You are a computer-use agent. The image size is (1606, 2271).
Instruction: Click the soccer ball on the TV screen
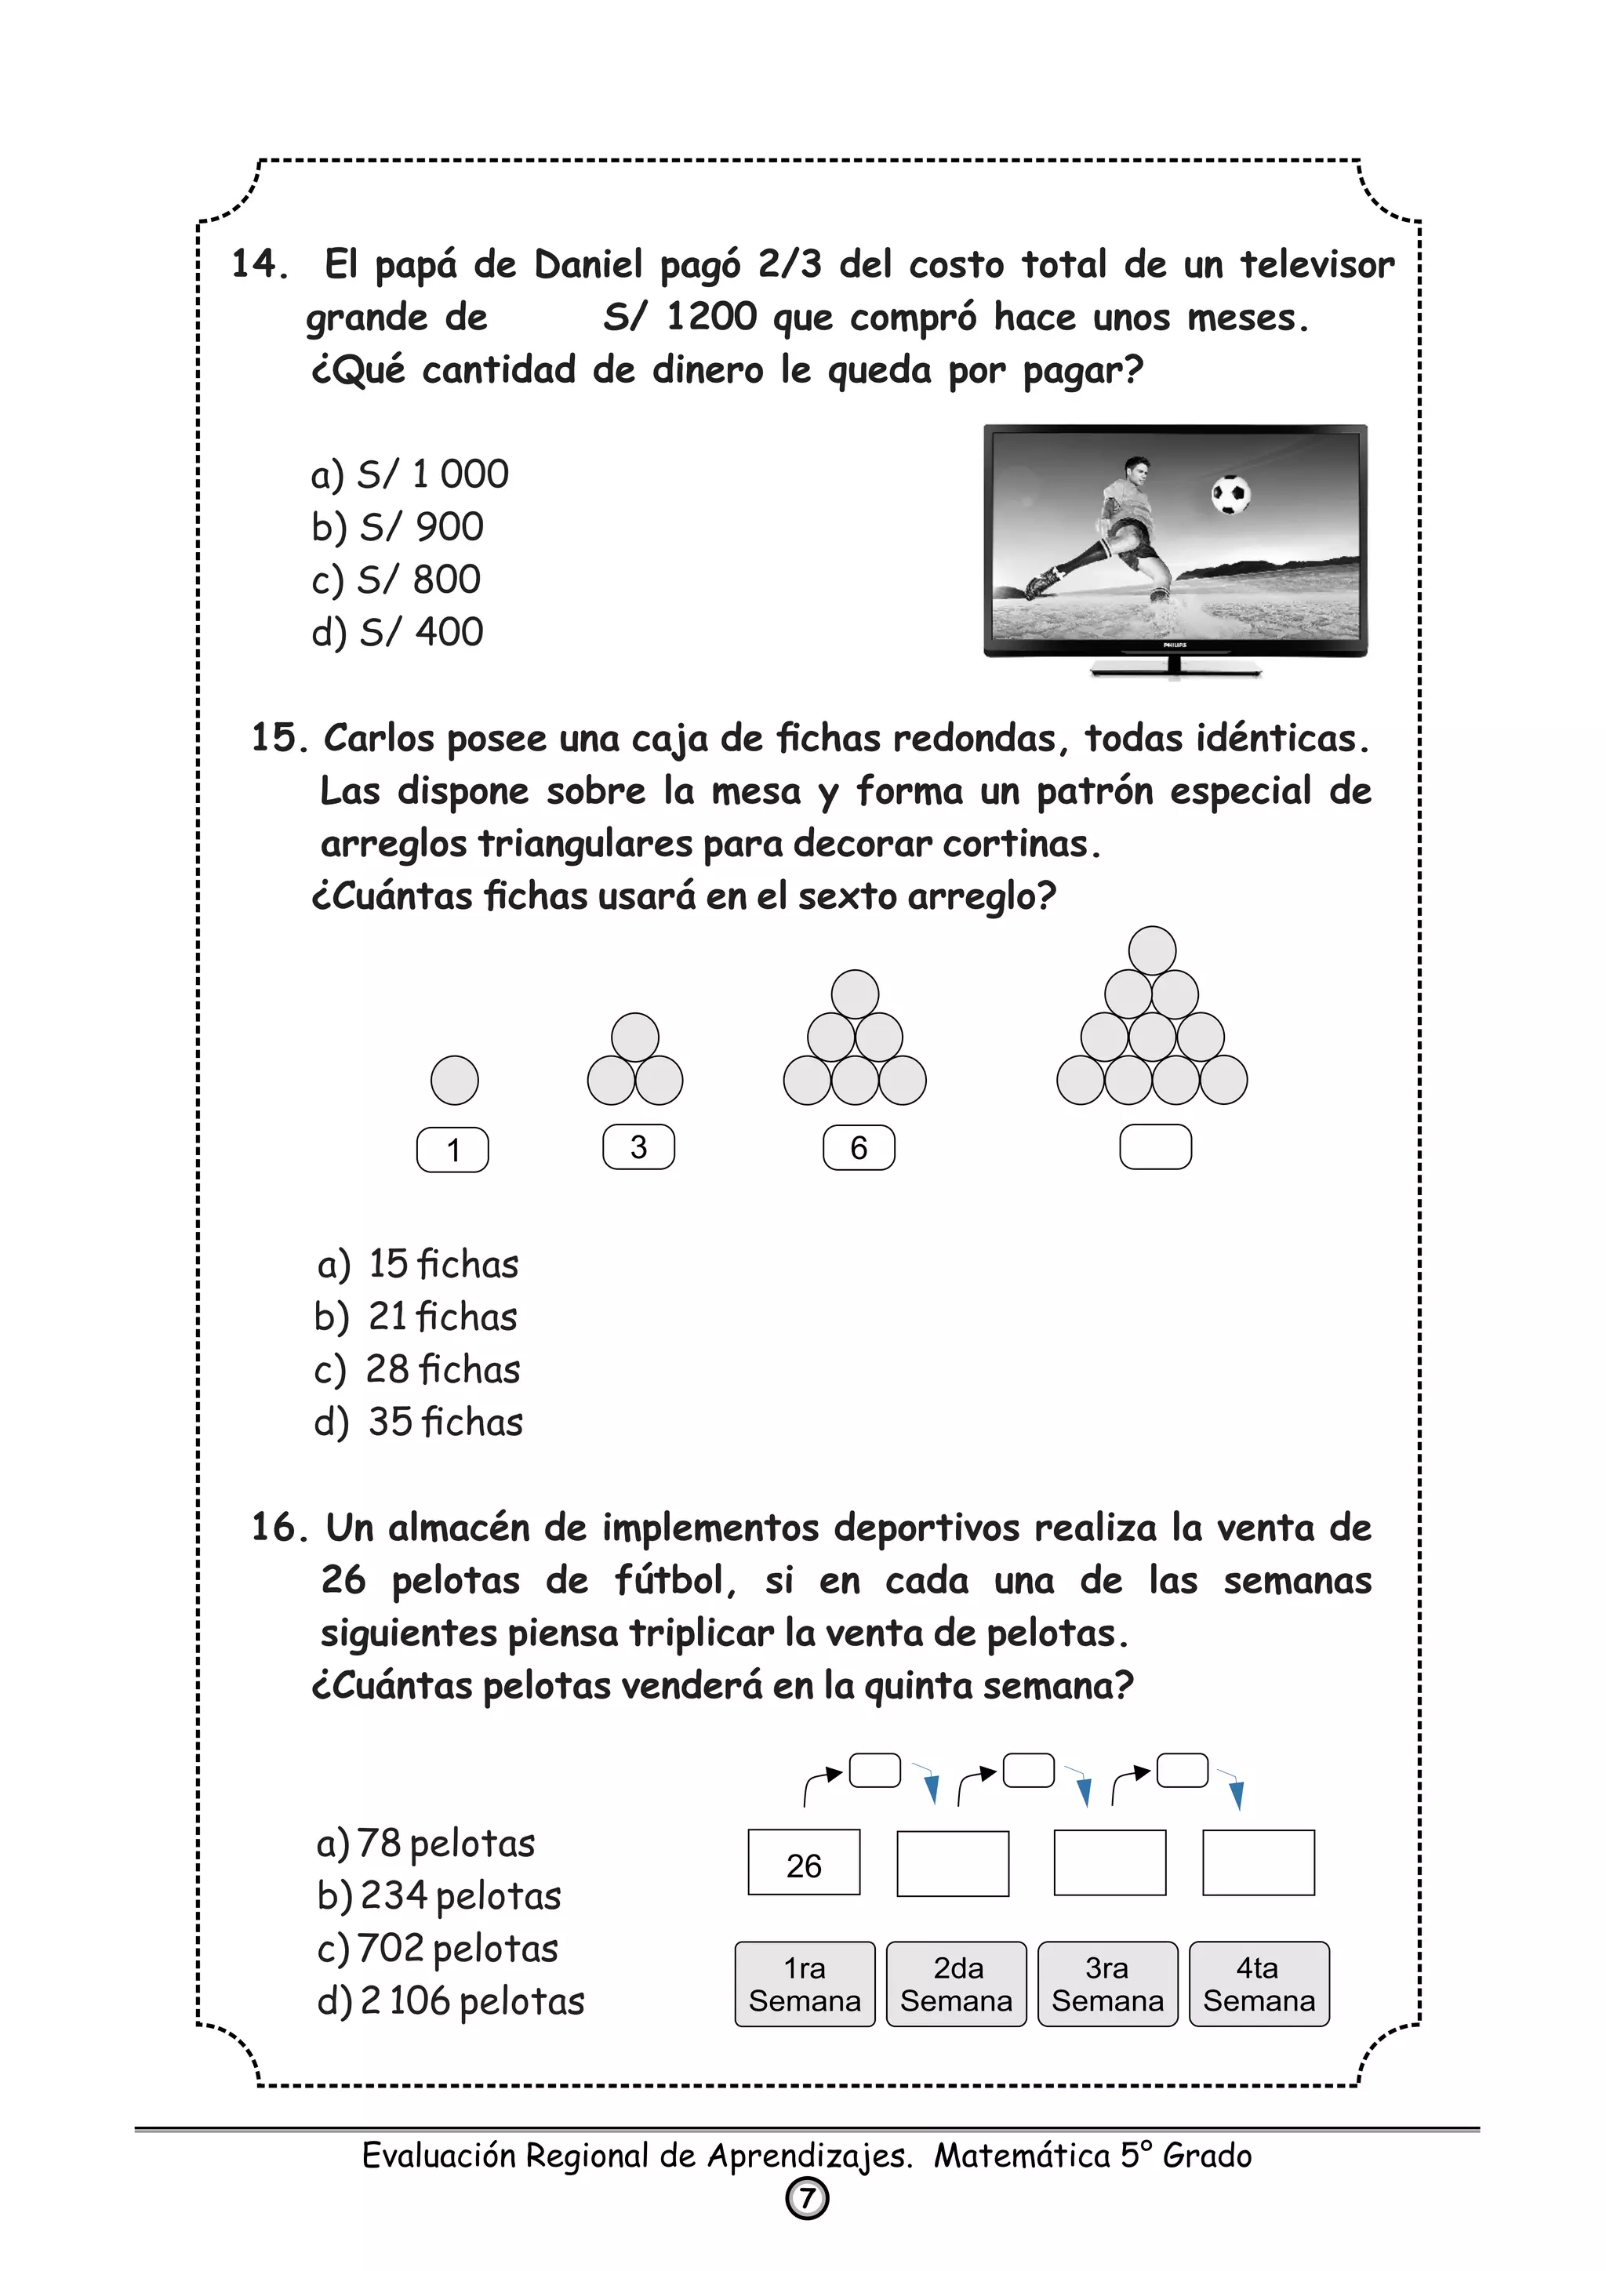pyautogui.click(x=1230, y=495)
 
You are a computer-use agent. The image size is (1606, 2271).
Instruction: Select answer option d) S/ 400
pyautogui.click(x=398, y=632)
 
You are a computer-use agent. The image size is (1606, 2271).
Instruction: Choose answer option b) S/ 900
pyautogui.click(x=398, y=527)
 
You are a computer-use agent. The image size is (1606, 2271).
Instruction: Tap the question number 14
pyautogui.click(x=259, y=264)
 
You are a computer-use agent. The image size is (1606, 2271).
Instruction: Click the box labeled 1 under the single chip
pyautogui.click(x=453, y=1150)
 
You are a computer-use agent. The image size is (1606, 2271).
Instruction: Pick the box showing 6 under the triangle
pyautogui.click(x=859, y=1147)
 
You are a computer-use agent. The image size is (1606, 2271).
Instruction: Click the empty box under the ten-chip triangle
pyautogui.click(x=1155, y=1147)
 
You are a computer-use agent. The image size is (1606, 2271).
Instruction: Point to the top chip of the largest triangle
pyautogui.click(x=1152, y=950)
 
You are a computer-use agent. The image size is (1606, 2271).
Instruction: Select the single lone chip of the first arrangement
pyautogui.click(x=455, y=1080)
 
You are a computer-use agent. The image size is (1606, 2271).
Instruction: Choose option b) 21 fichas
pyautogui.click(x=416, y=1317)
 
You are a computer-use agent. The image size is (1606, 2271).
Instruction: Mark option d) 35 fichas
pyautogui.click(x=418, y=1422)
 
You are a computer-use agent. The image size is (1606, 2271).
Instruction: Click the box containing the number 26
pyautogui.click(x=804, y=1866)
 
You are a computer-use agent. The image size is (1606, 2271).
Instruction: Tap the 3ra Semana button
pyautogui.click(x=1107, y=1984)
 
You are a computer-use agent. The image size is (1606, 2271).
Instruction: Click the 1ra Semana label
pyautogui.click(x=805, y=1984)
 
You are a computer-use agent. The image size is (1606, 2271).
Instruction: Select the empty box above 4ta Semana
pyautogui.click(x=1258, y=1863)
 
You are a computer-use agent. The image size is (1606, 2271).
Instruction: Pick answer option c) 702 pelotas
pyautogui.click(x=438, y=1949)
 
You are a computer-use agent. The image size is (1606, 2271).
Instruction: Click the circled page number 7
pyautogui.click(x=807, y=2199)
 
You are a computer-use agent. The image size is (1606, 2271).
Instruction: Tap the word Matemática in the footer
pyautogui.click(x=1023, y=2154)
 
